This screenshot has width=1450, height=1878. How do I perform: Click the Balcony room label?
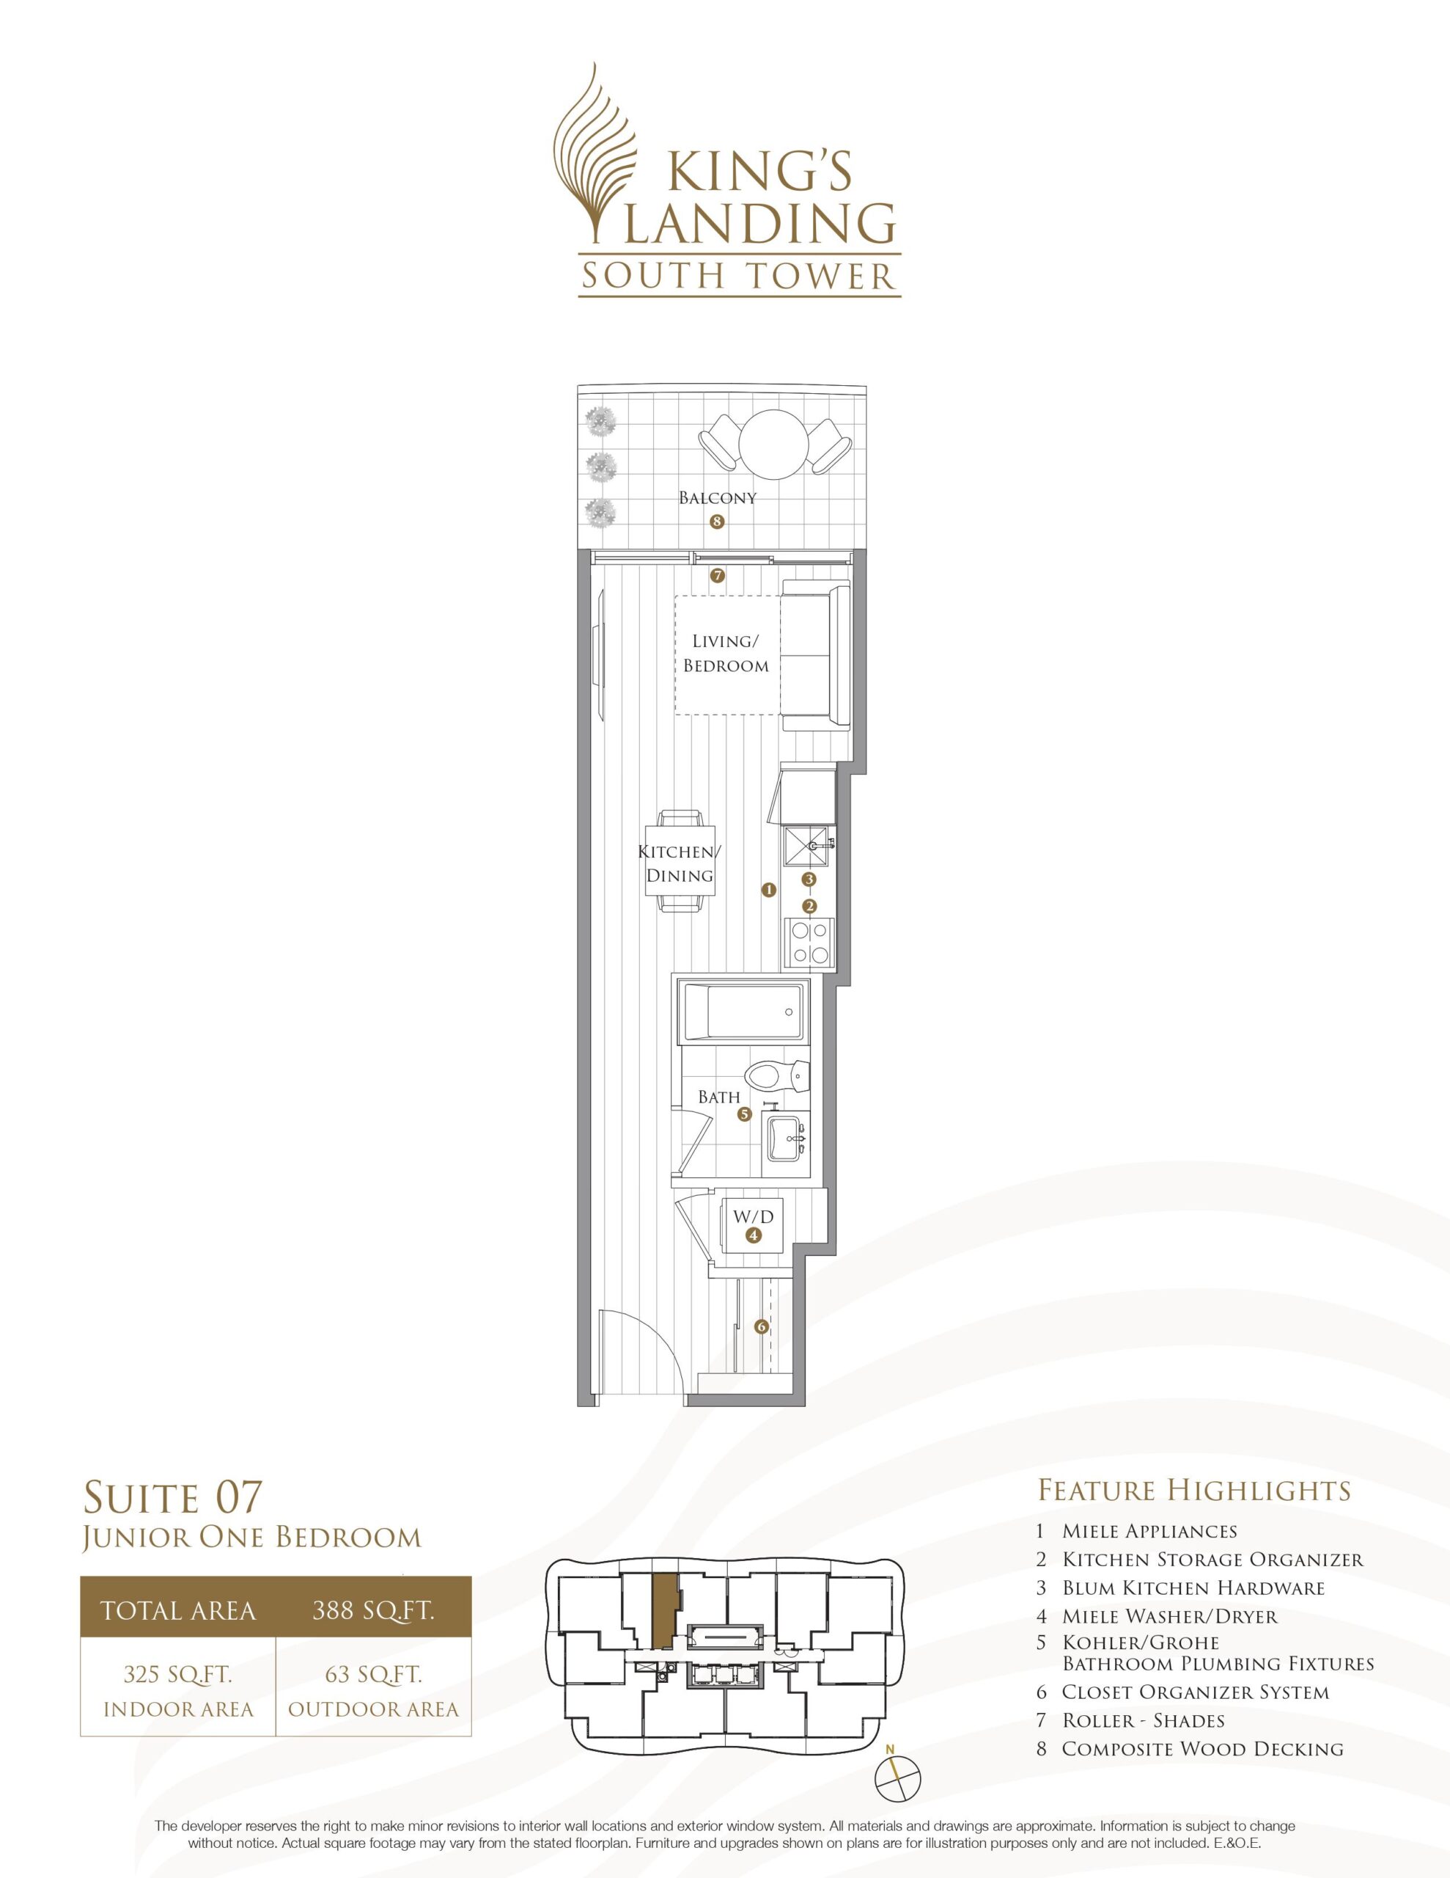point(718,498)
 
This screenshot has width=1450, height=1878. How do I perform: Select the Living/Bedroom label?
point(726,654)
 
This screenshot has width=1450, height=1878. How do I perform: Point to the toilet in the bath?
point(777,1075)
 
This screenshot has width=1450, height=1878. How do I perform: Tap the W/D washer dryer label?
point(753,1217)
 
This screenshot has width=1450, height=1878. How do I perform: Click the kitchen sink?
point(808,849)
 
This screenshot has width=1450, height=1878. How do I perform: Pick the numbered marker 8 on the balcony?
point(717,521)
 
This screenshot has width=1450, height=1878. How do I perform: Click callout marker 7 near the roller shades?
point(718,576)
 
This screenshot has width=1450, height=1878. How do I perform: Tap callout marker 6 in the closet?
point(761,1327)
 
